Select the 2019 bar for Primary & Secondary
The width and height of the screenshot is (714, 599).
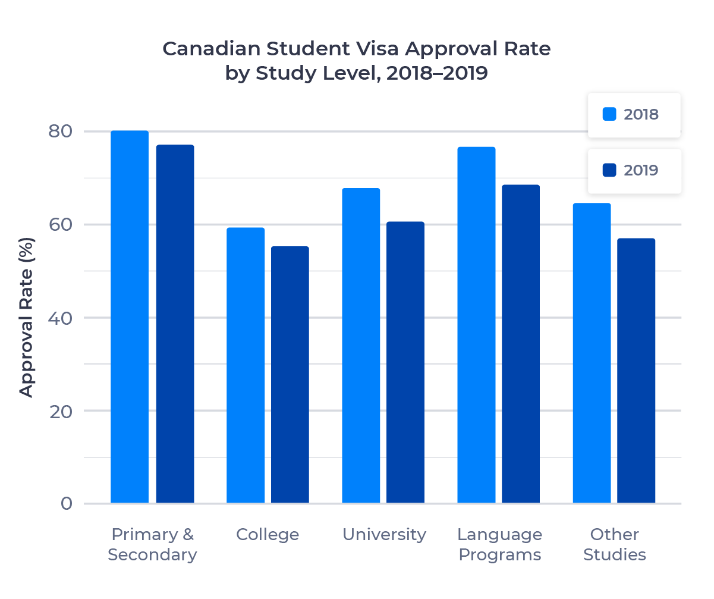(x=175, y=324)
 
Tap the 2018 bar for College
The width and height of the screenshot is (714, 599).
(x=246, y=365)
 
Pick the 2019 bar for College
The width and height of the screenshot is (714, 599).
(x=290, y=375)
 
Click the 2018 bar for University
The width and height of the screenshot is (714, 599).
(x=361, y=346)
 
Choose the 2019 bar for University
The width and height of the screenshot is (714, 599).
(x=405, y=362)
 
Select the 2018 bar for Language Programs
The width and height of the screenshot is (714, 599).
(x=476, y=325)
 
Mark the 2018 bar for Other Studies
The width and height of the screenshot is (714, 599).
(x=592, y=353)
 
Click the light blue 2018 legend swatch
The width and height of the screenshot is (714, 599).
(x=609, y=114)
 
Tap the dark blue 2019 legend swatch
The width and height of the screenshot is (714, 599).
(x=609, y=170)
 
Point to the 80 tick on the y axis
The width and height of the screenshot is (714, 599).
(x=60, y=131)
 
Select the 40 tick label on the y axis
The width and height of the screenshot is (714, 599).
(x=60, y=318)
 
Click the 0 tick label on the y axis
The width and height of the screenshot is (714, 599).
(x=66, y=504)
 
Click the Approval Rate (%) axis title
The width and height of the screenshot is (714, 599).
(x=26, y=317)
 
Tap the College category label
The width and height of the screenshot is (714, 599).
(x=268, y=534)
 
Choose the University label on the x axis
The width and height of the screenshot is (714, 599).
(x=384, y=534)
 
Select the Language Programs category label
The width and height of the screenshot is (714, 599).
(x=500, y=544)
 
